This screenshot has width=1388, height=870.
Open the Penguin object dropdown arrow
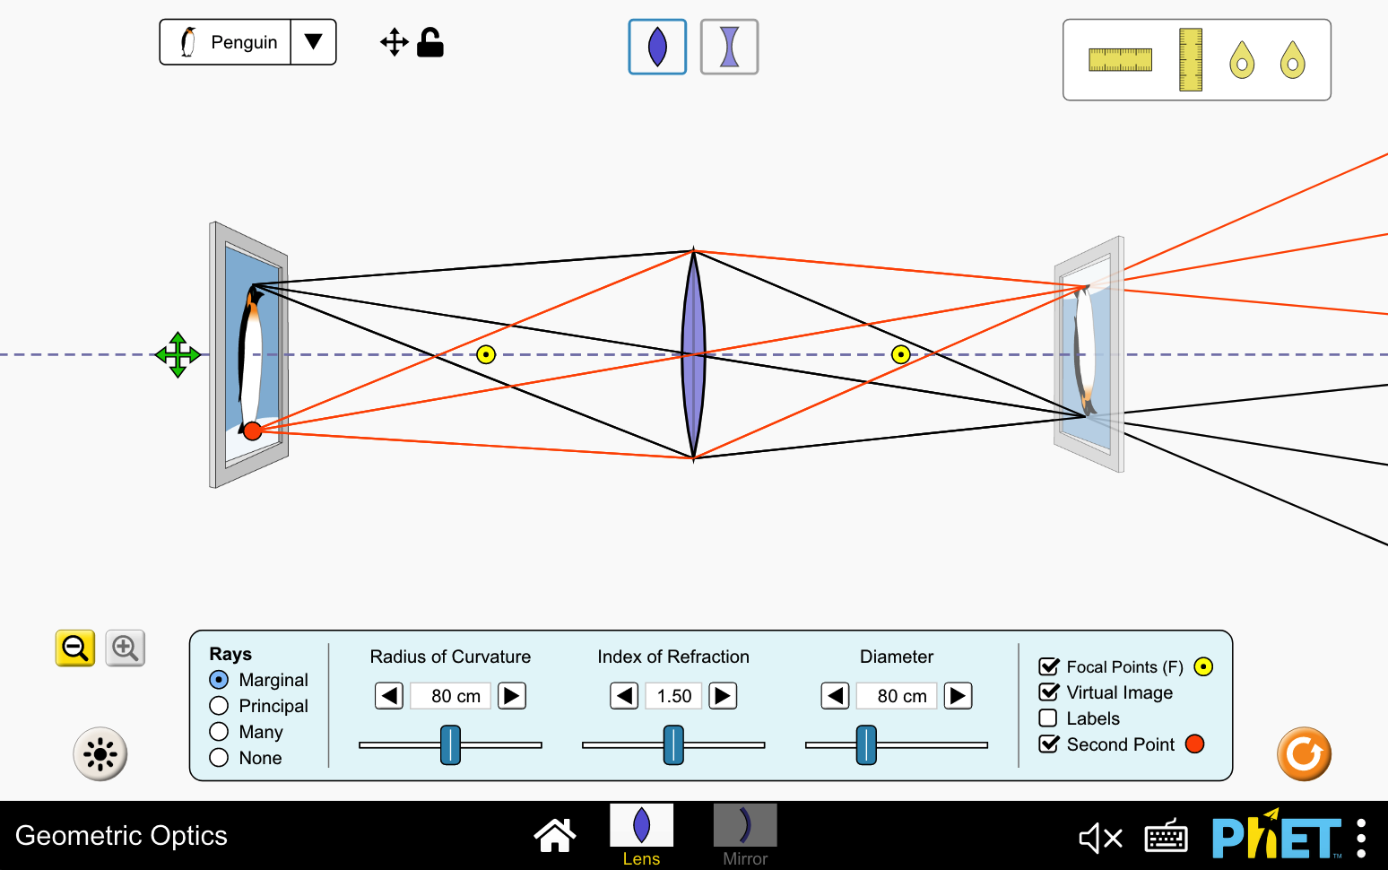coord(313,42)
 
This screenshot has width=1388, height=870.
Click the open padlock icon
coord(430,42)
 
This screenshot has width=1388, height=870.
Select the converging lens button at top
coord(657,47)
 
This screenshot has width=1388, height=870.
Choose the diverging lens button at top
coord(729,47)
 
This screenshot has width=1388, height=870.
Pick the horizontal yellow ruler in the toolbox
coord(1120,60)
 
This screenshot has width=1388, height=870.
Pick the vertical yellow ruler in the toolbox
coord(1190,60)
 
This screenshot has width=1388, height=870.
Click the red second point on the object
coord(253,431)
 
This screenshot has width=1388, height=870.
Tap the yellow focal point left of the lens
coord(486,354)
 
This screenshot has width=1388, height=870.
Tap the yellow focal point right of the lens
coord(901,354)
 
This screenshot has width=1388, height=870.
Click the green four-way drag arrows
coord(178,355)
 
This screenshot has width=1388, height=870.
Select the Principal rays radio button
coord(219,706)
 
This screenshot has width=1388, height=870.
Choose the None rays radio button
coord(219,758)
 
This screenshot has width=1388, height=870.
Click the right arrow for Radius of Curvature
coord(512,696)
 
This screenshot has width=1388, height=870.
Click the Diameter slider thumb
coord(866,744)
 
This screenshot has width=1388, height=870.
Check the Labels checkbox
coord(1048,718)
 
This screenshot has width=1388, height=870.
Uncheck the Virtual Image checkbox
coord(1048,692)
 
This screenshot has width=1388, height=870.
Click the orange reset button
coord(1304,753)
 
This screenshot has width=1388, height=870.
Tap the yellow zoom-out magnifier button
coord(75,648)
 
